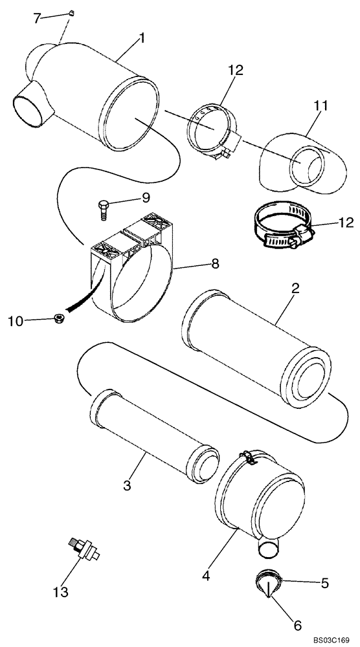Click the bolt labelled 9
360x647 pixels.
102,206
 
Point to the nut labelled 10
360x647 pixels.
58,318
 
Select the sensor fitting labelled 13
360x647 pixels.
82,550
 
